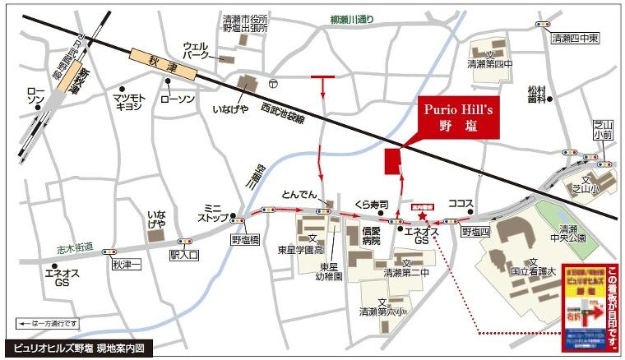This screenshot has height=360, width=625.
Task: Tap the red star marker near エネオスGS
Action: coord(423,216)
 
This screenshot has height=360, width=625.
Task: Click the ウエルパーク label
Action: coord(197,50)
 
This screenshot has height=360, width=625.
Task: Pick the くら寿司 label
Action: coord(372,202)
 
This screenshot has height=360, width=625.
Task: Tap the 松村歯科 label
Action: coord(538,94)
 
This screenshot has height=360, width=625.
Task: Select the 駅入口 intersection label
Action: coord(184,255)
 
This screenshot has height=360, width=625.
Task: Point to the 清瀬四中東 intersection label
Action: coord(577,38)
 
